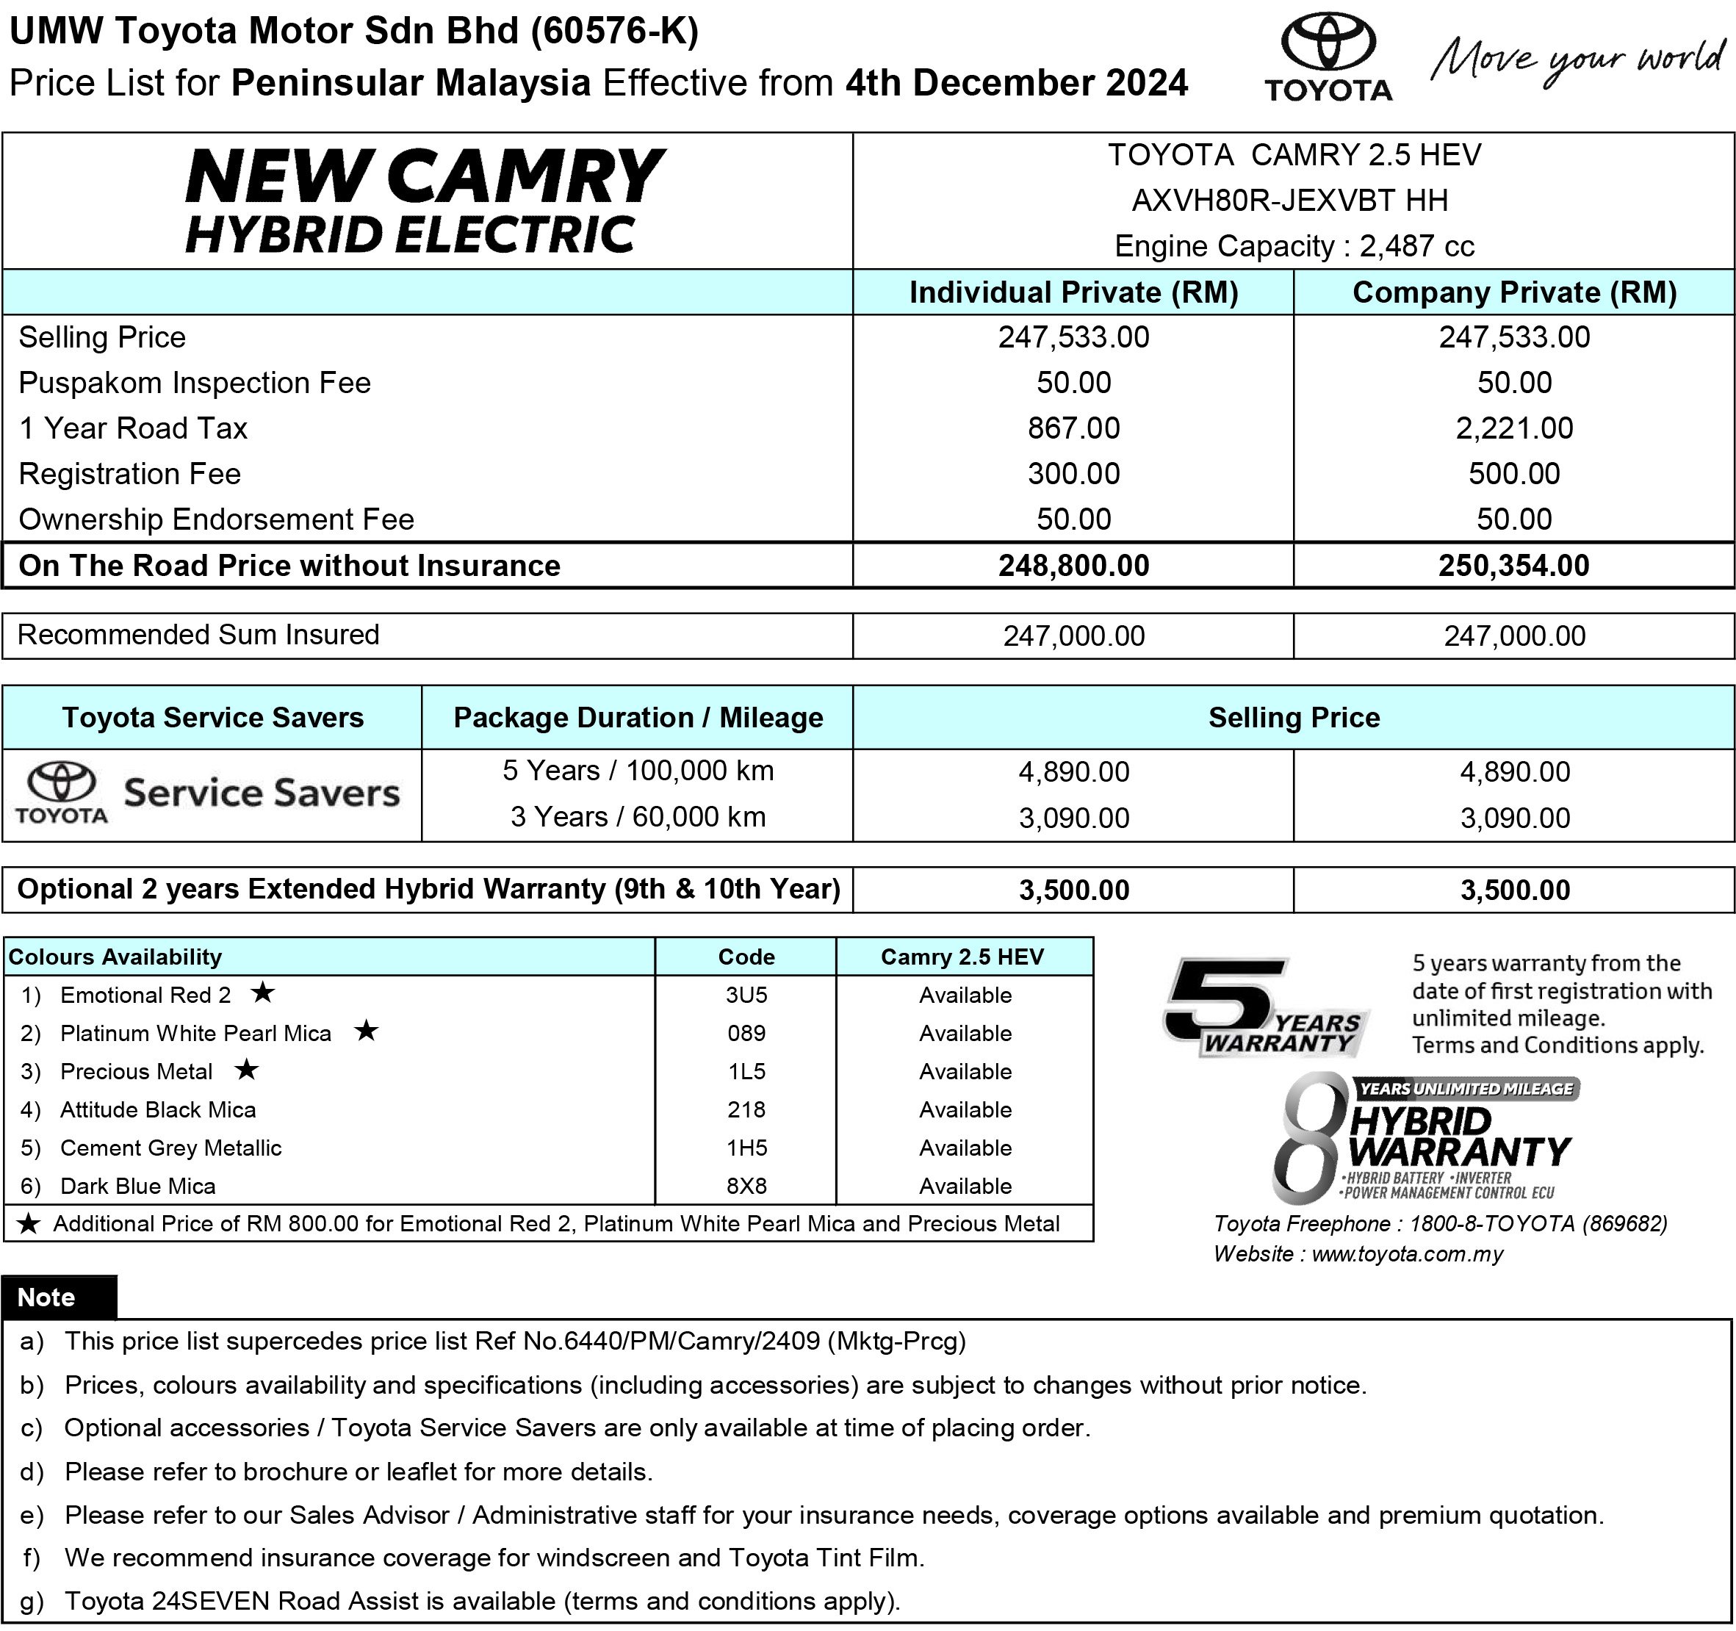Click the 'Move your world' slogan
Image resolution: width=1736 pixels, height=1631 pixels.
pyautogui.click(x=1579, y=60)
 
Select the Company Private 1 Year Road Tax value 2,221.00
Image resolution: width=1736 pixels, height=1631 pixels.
pyautogui.click(x=1513, y=428)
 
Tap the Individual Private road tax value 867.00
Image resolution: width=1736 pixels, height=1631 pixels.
pyautogui.click(x=1073, y=428)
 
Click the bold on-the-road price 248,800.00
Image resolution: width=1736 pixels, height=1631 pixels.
pyautogui.click(x=1073, y=565)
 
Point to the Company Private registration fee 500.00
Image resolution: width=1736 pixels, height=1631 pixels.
pyautogui.click(x=1513, y=473)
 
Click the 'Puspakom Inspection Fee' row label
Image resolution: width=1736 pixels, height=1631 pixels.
pyautogui.click(x=194, y=383)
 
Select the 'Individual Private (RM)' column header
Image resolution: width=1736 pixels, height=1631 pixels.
pyautogui.click(x=1073, y=292)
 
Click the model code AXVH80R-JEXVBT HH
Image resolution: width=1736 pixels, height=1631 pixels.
pyautogui.click(x=1290, y=200)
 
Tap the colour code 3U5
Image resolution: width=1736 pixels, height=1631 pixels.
pyautogui.click(x=746, y=995)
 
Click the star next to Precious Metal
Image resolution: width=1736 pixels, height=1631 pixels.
pyautogui.click(x=247, y=1069)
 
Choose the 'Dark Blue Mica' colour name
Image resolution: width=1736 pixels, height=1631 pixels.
pyautogui.click(x=137, y=1186)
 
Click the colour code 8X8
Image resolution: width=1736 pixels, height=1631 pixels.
pyautogui.click(x=746, y=1186)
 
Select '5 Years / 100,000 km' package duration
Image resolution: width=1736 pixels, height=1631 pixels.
pyautogui.click(x=638, y=770)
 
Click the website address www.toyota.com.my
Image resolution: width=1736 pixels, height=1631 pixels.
pyautogui.click(x=1407, y=1254)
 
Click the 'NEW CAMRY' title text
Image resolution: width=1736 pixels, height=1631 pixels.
pyautogui.click(x=425, y=176)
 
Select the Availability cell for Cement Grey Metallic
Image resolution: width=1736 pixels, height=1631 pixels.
pyautogui.click(x=964, y=1148)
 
